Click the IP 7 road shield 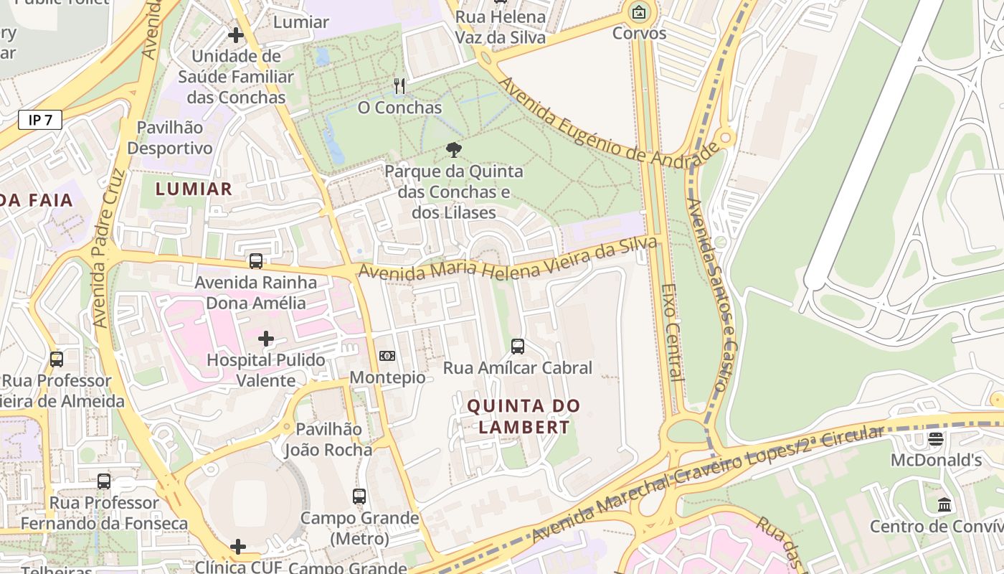[x=40, y=120]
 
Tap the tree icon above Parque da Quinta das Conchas [x=453, y=150]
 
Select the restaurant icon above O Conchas [x=399, y=86]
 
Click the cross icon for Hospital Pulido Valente [x=266, y=339]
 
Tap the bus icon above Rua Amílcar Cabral [x=518, y=347]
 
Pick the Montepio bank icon [x=387, y=356]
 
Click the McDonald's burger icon [x=936, y=438]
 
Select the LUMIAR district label [x=194, y=189]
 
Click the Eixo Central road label [x=670, y=331]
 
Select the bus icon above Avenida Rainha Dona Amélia [x=256, y=261]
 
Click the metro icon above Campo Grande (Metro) [x=359, y=496]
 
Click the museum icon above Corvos [x=639, y=11]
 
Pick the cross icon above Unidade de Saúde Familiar [x=236, y=34]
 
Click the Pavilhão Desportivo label [x=175, y=138]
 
